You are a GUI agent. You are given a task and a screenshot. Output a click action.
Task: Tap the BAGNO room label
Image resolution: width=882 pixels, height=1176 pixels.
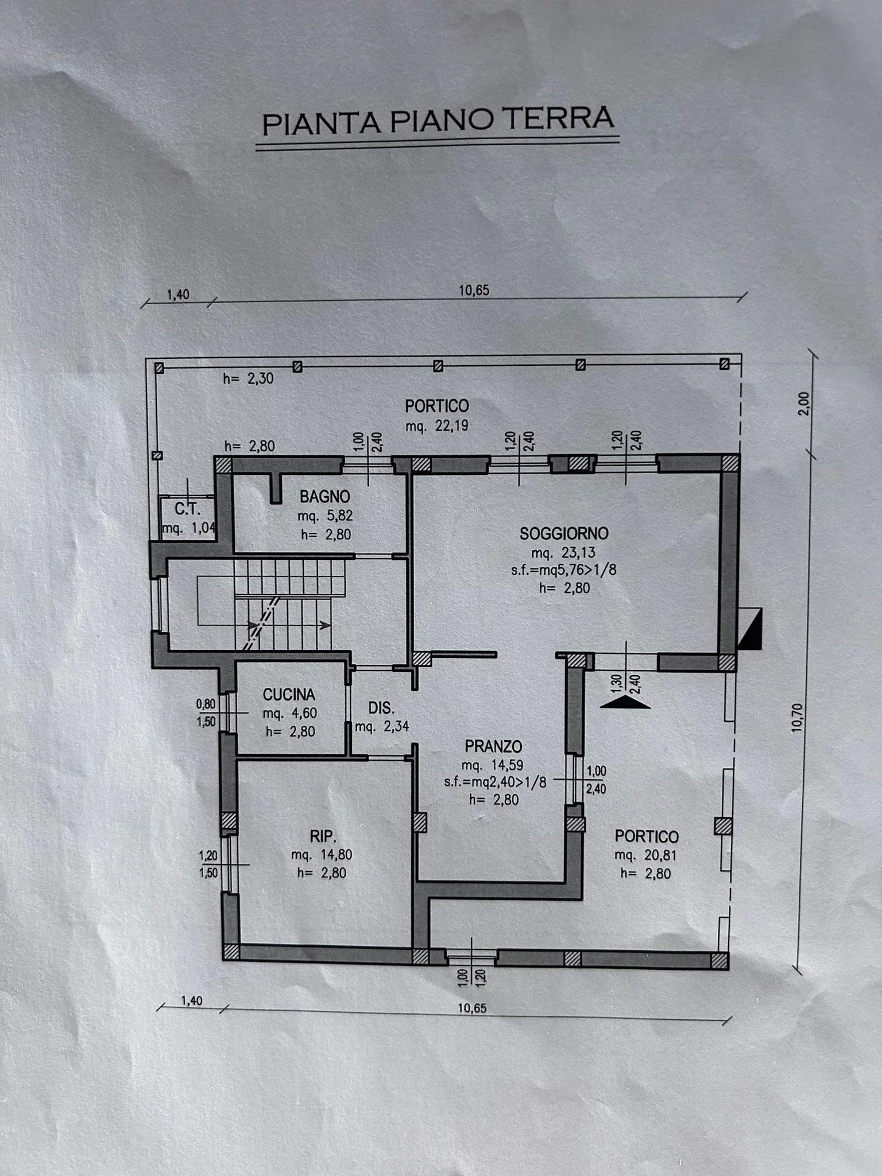click(324, 496)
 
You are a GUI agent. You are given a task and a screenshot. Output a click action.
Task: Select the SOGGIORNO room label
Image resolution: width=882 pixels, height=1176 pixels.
click(564, 533)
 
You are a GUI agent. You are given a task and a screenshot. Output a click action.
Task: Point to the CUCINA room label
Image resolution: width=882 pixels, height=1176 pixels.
click(289, 695)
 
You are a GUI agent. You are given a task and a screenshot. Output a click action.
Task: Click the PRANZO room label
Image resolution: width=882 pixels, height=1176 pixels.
click(493, 746)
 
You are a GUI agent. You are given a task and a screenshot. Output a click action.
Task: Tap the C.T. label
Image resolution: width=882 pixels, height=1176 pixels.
click(187, 509)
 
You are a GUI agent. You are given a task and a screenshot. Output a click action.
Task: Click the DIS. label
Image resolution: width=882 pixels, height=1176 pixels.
click(381, 707)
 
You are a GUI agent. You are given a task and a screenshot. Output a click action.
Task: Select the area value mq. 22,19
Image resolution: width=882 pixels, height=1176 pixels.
click(437, 426)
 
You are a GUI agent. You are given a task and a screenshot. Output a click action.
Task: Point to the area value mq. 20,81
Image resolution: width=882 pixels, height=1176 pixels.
click(645, 855)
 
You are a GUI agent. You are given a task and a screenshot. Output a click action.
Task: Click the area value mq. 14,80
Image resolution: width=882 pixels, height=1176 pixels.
click(322, 854)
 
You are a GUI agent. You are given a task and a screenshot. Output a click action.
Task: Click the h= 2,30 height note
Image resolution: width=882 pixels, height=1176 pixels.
click(249, 378)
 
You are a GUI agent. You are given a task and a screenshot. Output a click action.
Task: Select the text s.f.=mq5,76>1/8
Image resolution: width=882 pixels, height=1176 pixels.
click(556, 570)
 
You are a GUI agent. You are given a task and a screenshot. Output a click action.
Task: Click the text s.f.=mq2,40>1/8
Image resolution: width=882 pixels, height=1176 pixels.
click(494, 782)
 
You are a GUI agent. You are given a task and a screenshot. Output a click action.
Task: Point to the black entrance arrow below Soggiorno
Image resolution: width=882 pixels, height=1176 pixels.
click(626, 702)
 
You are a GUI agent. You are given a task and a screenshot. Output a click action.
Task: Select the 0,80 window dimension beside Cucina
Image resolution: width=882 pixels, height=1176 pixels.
click(206, 703)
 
